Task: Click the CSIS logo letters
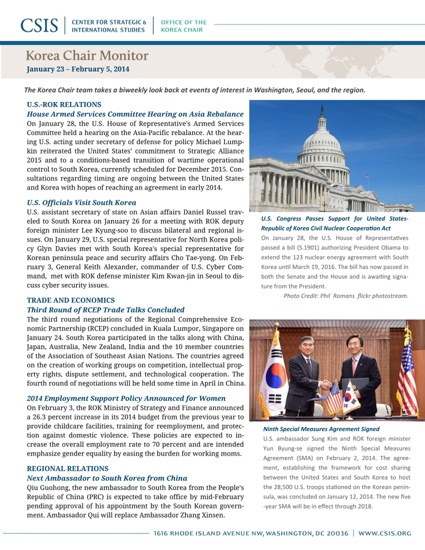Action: tap(39, 26)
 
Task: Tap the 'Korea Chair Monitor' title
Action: tap(87, 56)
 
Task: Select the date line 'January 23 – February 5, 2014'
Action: tap(78, 69)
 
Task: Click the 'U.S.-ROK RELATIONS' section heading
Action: tap(64, 104)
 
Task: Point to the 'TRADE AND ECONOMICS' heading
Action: tap(71, 300)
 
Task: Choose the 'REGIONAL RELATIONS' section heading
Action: tap(68, 469)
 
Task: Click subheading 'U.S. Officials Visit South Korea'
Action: tap(81, 203)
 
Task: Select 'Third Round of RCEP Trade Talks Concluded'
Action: tap(106, 310)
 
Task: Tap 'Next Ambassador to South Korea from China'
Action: tap(107, 478)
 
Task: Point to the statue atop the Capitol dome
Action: tap(322, 109)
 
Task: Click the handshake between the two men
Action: tap(325, 385)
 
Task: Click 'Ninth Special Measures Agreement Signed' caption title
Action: tap(321, 429)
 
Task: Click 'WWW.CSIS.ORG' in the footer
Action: tap(385, 533)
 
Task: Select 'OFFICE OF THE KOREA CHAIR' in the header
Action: tap(184, 26)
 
